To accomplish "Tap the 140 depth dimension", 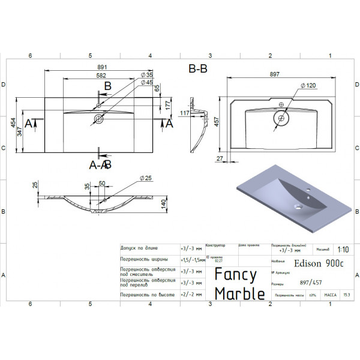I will pyautogui.click(x=163, y=205).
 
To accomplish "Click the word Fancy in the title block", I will pyautogui.click(x=236, y=275).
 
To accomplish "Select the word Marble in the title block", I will pyautogui.click(x=239, y=293).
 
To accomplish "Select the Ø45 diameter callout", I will pyautogui.click(x=147, y=82).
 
